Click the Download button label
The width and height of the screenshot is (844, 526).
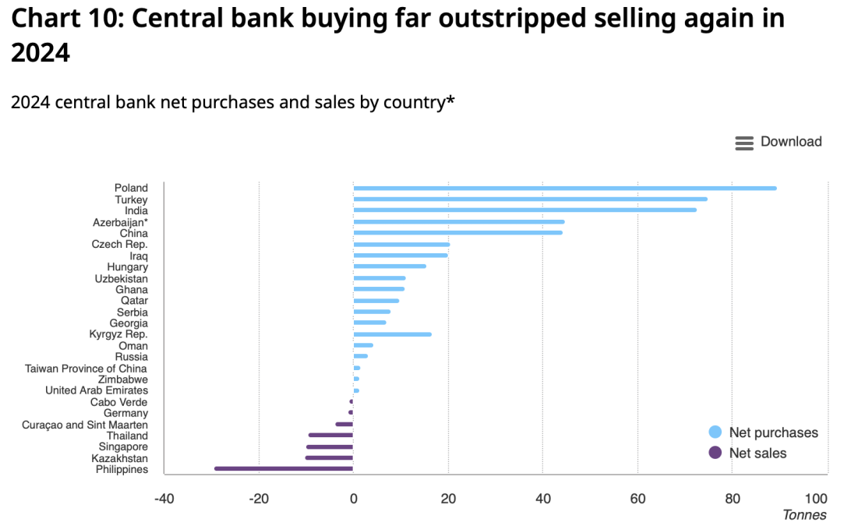pyautogui.click(x=791, y=142)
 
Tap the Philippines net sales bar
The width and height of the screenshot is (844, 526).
pyautogui.click(x=284, y=468)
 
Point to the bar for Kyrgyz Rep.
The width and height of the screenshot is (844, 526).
pyautogui.click(x=392, y=334)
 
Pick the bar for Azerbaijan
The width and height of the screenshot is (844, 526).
pyautogui.click(x=458, y=222)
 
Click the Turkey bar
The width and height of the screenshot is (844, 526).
pyautogui.click(x=530, y=199)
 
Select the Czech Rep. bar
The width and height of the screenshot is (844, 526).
pyautogui.click(x=401, y=245)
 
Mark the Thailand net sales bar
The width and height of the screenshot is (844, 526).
pyautogui.click(x=331, y=435)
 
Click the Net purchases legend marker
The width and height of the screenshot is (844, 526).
pyautogui.click(x=715, y=432)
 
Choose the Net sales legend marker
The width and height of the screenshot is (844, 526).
pyautogui.click(x=715, y=453)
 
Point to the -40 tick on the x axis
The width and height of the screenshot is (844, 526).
pyautogui.click(x=164, y=499)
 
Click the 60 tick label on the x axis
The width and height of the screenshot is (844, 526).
pyautogui.click(x=637, y=499)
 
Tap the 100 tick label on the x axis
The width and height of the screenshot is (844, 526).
pyautogui.click(x=816, y=499)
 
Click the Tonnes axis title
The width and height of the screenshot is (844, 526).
pyautogui.click(x=804, y=515)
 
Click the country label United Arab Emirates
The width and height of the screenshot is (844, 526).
pyautogui.click(x=97, y=390)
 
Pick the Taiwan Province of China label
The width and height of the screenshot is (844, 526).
pyautogui.click(x=87, y=369)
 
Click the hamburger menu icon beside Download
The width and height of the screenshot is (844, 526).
pyautogui.click(x=744, y=143)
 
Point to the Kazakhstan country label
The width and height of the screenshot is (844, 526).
pyautogui.click(x=119, y=458)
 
